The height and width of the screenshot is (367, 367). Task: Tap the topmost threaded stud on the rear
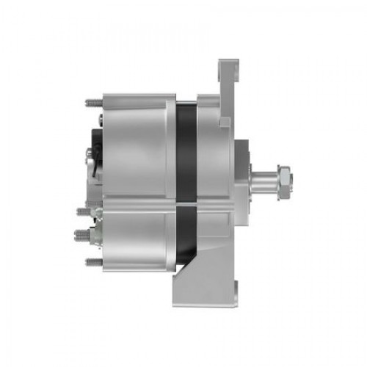click(93, 102)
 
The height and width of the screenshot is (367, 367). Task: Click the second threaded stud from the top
click(84, 211)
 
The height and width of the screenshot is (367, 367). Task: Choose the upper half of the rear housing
click(136, 147)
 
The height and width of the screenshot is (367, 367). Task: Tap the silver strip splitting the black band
click(186, 197)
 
